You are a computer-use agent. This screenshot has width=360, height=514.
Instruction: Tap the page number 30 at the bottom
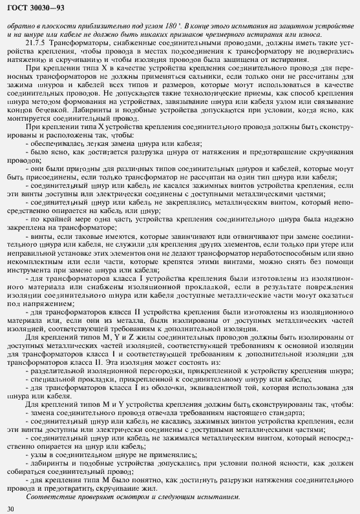coord(9,509)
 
